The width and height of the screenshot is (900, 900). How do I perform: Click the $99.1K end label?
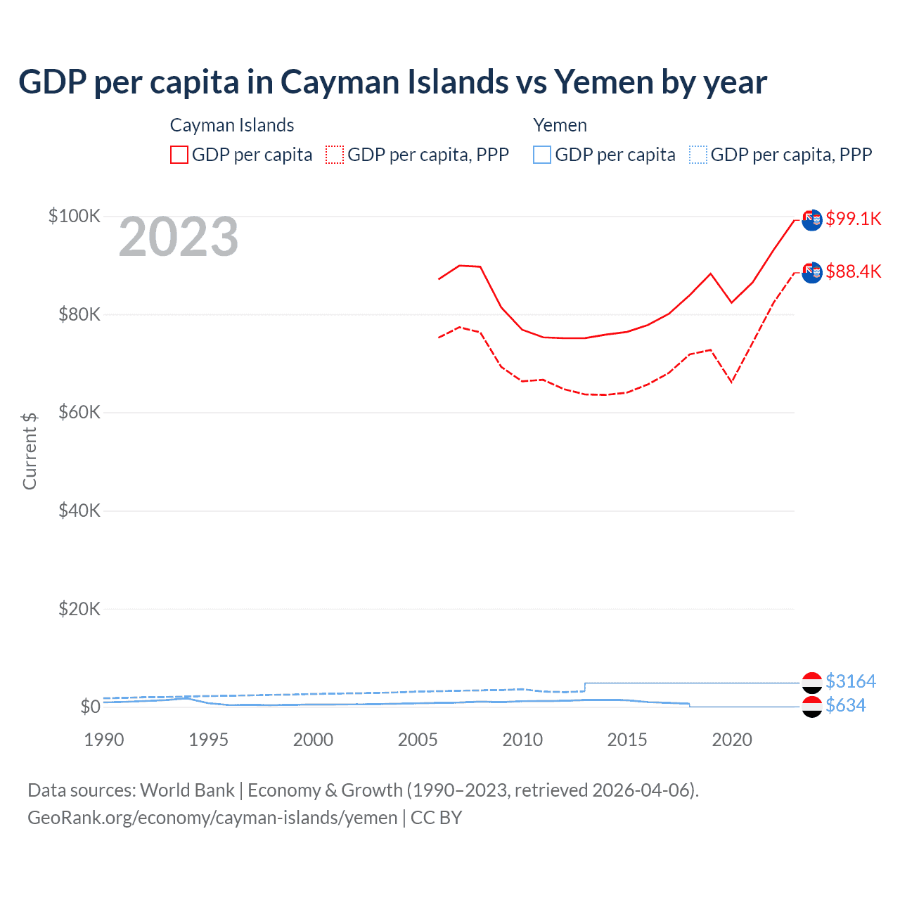pos(853,219)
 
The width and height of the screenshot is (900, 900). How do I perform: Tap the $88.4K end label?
pos(853,271)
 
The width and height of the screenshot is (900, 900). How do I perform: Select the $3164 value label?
pos(850,681)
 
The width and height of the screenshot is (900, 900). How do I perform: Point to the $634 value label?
pos(845,705)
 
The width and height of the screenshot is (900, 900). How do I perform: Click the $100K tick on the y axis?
pos(75,216)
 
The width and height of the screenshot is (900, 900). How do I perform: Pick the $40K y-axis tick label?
pos(79,510)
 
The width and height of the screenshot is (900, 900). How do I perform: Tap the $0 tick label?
pos(90,707)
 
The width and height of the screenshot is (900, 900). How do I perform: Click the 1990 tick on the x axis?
pos(104,740)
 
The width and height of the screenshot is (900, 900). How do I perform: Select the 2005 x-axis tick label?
pos(418,740)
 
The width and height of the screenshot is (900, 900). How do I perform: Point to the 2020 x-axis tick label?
pos(732,740)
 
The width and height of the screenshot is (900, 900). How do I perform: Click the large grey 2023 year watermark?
pos(179,238)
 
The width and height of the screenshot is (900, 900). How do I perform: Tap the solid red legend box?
pos(179,155)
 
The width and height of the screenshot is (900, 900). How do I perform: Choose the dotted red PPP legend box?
pos(335,155)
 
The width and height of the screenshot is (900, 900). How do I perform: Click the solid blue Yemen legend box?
pos(542,155)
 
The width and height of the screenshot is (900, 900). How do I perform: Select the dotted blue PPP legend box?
pos(698,155)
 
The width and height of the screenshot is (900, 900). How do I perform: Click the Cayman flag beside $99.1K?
pos(812,220)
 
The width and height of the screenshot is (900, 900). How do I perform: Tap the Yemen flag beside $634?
pos(812,707)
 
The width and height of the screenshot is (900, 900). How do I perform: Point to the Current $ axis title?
pos(30,451)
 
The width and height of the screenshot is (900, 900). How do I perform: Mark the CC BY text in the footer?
pos(436,818)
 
